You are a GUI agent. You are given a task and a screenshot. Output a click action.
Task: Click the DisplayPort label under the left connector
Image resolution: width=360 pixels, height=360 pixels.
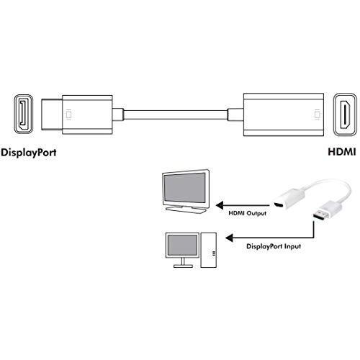29,153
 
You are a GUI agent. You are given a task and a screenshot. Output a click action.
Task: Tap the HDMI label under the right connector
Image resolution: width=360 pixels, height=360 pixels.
342,152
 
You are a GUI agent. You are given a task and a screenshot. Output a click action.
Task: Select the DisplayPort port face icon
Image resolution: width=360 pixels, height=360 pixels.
23,114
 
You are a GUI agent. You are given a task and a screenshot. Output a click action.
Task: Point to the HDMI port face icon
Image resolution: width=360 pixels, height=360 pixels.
346,114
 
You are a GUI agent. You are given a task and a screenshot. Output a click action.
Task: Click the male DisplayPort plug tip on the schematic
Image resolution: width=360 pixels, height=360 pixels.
52,114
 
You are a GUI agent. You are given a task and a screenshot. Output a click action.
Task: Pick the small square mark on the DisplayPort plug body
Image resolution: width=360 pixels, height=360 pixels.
68,114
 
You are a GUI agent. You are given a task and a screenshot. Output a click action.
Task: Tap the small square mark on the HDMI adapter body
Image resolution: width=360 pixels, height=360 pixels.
318,114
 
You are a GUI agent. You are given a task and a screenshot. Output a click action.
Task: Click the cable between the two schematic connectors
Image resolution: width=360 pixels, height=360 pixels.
176,114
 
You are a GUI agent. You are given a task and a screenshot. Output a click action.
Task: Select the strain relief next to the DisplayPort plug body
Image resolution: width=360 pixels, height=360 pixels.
118,114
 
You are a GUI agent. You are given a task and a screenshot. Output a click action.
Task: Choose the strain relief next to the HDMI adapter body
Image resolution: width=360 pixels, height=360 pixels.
235,114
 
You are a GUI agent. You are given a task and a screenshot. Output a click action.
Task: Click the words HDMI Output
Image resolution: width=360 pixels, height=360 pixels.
247,213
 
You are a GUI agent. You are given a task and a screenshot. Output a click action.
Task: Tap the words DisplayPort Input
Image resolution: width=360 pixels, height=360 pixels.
274,246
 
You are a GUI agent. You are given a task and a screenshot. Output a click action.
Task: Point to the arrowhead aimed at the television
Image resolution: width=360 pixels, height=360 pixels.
220,205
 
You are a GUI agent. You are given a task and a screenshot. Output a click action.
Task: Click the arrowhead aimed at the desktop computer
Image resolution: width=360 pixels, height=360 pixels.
229,238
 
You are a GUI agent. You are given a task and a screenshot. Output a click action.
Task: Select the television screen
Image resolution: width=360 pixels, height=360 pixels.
184,187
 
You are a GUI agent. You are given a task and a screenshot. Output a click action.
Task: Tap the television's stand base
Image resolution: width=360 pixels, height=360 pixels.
186,209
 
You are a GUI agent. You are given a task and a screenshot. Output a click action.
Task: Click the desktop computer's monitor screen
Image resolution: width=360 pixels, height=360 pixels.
182,245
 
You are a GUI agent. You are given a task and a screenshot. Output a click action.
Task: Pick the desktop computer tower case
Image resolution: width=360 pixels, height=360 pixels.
209,250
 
